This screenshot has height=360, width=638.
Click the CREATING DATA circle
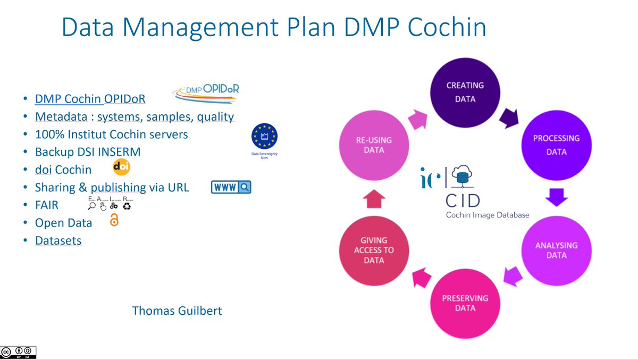(x=465, y=92)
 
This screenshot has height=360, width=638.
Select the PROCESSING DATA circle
(x=557, y=145)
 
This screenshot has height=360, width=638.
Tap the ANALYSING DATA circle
(x=556, y=250)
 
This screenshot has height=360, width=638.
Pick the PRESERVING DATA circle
(x=465, y=303)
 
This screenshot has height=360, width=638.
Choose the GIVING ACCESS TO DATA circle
(x=374, y=250)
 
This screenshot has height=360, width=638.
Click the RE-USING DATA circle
(x=374, y=145)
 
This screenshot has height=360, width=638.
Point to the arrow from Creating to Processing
(x=509, y=117)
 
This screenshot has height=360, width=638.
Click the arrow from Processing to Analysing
(x=557, y=197)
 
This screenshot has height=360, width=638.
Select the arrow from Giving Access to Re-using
(x=374, y=199)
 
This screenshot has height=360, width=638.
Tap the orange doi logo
(x=122, y=168)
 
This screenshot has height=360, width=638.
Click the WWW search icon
(x=231, y=187)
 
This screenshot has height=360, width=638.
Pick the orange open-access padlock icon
(x=114, y=221)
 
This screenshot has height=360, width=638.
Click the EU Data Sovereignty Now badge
(x=264, y=140)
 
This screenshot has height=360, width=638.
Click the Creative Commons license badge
(x=19, y=352)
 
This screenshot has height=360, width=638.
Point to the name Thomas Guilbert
(x=177, y=311)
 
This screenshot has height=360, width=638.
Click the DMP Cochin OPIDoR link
(x=90, y=99)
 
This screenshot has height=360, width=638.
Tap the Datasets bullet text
(x=58, y=240)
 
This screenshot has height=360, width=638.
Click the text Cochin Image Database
(x=487, y=215)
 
